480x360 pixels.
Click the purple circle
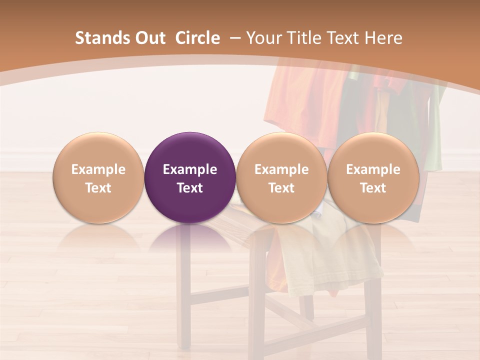[x=190, y=177]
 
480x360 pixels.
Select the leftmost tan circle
[x=98, y=177]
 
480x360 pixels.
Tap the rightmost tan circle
[x=373, y=177]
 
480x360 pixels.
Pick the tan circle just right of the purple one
[x=281, y=177]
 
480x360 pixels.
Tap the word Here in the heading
[x=383, y=38]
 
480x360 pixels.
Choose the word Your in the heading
[x=263, y=38]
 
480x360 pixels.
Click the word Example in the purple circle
[x=190, y=169]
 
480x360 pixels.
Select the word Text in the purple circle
[x=190, y=188]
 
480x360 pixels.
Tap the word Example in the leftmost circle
[x=98, y=169]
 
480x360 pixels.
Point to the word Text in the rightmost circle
[x=373, y=188]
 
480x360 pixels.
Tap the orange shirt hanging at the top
[x=300, y=100]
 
